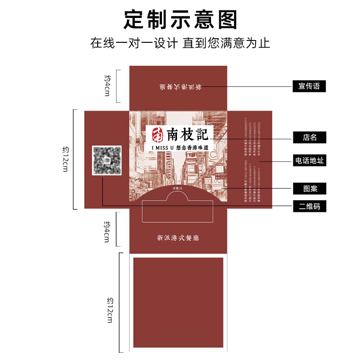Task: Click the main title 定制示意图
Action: (180, 20)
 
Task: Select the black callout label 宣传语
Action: (309, 86)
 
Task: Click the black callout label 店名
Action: (309, 137)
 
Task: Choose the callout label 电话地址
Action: (309, 161)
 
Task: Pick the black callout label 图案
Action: (309, 188)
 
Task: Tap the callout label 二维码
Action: (309, 207)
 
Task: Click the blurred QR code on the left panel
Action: (107, 160)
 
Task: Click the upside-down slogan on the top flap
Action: (180, 86)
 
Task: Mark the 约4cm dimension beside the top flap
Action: (107, 85)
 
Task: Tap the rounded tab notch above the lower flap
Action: (178, 196)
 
